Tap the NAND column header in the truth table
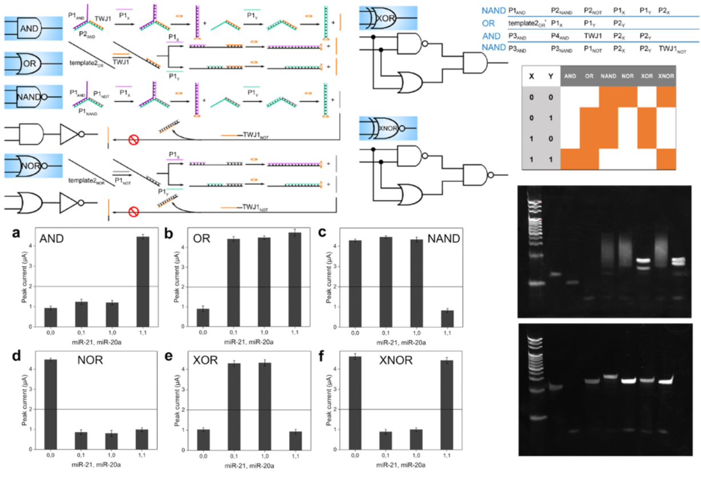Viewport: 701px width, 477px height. pyautogui.click(x=608, y=76)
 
